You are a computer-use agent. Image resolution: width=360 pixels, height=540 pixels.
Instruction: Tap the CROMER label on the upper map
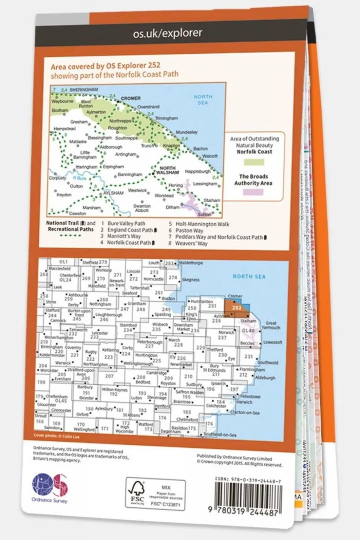(131, 98)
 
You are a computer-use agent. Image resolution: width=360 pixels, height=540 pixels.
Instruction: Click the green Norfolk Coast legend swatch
(254, 162)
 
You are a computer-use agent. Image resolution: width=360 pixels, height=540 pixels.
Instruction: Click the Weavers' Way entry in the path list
(191, 244)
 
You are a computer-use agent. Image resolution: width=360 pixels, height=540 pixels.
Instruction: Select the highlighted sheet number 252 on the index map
(236, 308)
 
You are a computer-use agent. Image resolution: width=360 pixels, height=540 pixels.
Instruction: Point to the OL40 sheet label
(248, 331)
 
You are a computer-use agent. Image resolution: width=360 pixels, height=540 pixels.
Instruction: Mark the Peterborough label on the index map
(150, 342)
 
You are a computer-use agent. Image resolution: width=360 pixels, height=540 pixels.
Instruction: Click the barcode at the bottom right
(247, 496)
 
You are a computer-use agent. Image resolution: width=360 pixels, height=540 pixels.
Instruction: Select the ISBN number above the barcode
(248, 480)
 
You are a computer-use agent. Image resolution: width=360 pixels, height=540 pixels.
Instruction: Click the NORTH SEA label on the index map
(249, 277)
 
